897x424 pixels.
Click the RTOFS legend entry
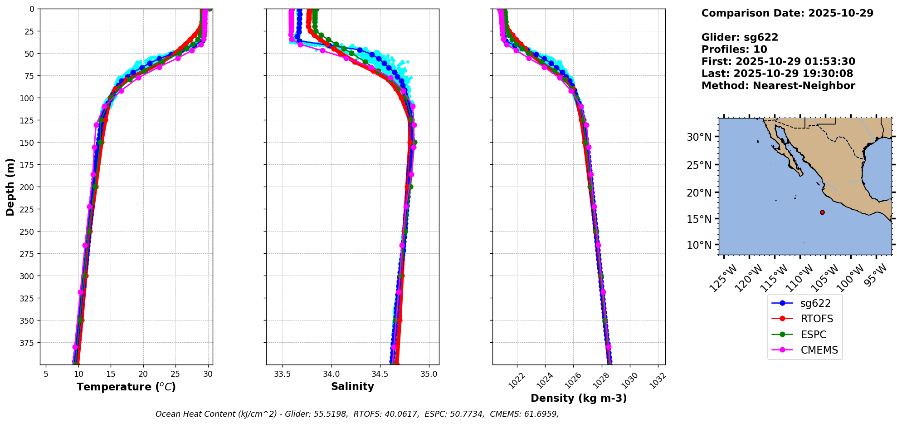(x=816, y=319)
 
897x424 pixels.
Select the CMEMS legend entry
(x=819, y=350)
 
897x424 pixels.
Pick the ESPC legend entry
(x=813, y=335)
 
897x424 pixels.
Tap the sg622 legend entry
(x=815, y=303)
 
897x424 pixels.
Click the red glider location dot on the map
(x=822, y=212)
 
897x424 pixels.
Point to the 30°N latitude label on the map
(x=699, y=137)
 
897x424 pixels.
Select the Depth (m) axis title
(x=10, y=187)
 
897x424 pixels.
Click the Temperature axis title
(x=126, y=387)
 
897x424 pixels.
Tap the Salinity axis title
(x=352, y=386)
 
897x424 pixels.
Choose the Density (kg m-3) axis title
(x=579, y=398)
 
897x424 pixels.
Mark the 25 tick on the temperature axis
(x=175, y=374)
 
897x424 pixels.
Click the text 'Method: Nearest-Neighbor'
(x=778, y=86)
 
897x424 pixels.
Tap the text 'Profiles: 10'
(x=734, y=49)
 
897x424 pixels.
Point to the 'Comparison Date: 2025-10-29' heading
(x=787, y=13)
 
